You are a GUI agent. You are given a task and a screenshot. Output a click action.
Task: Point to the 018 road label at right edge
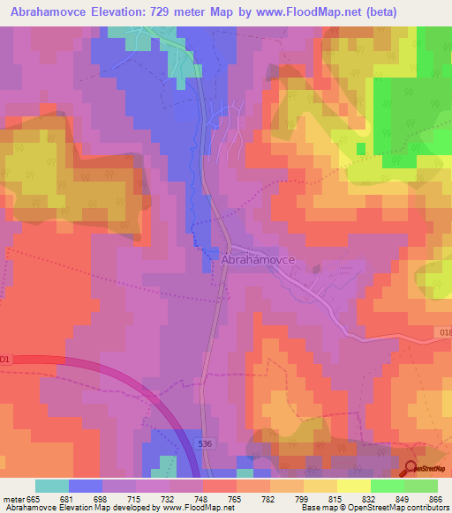[x=444, y=332]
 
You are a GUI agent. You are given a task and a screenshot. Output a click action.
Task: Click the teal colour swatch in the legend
[x=52, y=486]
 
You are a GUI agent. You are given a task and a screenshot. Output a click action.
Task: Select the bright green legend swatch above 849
[x=388, y=486]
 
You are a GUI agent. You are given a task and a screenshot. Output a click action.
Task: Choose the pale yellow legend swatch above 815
[x=354, y=486]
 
